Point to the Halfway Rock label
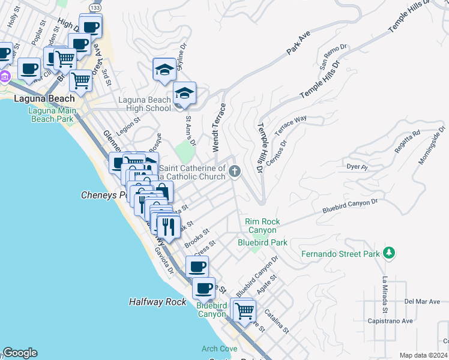click(x=157, y=302)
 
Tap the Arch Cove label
click(x=220, y=349)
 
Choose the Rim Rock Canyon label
click(x=261, y=226)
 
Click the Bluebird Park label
click(x=262, y=242)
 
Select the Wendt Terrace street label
click(x=218, y=127)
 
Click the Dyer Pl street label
click(x=357, y=166)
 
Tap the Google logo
click(x=20, y=353)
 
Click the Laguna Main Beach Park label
click(x=52, y=115)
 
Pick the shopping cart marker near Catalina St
click(x=244, y=311)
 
